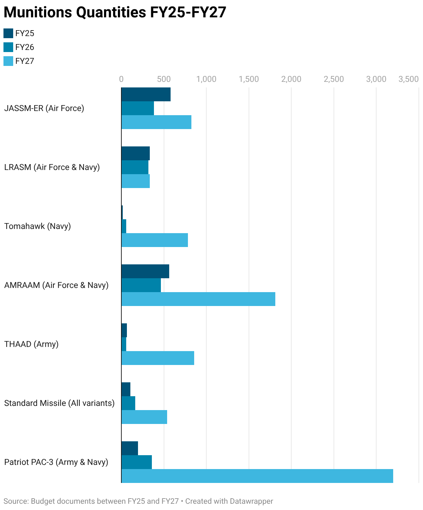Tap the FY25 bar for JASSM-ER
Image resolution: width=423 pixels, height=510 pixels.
tap(146, 94)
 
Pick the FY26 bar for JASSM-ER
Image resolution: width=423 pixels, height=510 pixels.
tap(138, 108)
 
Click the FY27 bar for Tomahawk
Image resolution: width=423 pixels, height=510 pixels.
tap(155, 240)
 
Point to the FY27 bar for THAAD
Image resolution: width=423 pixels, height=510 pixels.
tap(158, 358)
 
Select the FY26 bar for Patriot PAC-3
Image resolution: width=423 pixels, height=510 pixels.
tap(137, 462)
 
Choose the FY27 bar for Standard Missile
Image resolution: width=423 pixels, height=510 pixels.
tap(144, 417)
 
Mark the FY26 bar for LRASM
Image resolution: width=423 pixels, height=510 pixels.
tap(135, 167)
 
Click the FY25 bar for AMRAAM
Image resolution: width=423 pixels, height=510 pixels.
tap(145, 271)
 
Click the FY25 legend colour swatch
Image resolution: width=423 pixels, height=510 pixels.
tap(8, 33)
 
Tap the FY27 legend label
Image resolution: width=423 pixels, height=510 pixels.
tap(25, 61)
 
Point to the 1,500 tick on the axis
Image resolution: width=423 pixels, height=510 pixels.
tap(249, 79)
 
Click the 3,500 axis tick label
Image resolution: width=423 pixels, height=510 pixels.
tap(408, 79)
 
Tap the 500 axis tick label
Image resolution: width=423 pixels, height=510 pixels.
tap(164, 79)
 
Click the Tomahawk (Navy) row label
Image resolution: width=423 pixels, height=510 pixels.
tap(37, 226)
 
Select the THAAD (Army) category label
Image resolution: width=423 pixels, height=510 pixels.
tap(31, 344)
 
